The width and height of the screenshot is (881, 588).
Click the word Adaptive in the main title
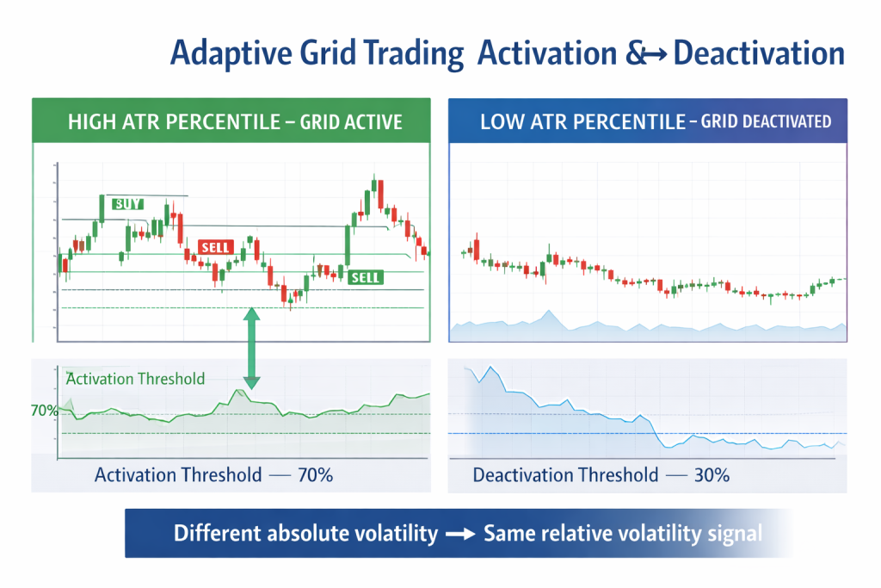226,53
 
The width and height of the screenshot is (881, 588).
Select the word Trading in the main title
414,53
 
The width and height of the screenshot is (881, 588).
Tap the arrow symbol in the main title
653,54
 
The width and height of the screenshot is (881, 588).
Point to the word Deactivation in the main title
759,53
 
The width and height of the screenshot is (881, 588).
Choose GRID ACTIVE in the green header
350,121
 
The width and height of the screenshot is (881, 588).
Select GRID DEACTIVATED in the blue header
767,121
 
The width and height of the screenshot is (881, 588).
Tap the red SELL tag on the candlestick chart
215,247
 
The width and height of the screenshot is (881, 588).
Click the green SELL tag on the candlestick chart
366,277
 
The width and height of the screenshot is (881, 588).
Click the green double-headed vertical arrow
252,348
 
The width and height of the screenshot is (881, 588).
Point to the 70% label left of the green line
44,411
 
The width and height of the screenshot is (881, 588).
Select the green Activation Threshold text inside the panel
135,379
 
